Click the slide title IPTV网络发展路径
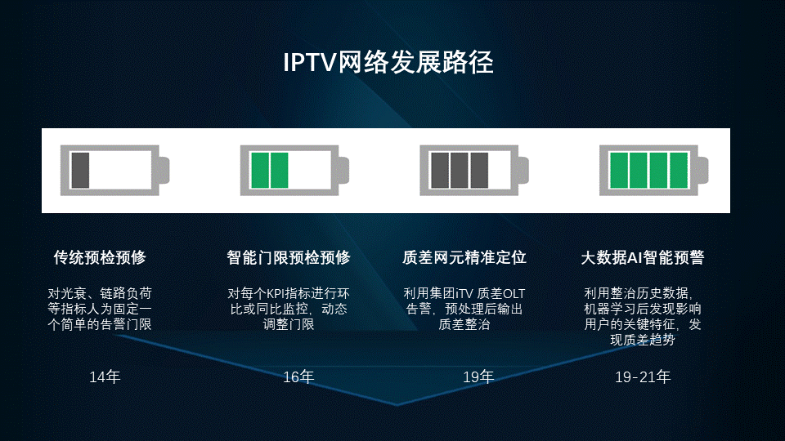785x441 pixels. pyautogui.click(x=388, y=63)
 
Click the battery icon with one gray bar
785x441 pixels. pyautogui.click(x=114, y=171)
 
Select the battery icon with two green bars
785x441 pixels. pyautogui.click(x=294, y=171)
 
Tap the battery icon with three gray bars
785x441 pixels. pyautogui.click(x=474, y=171)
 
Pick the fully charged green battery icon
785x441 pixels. pyautogui.click(x=654, y=171)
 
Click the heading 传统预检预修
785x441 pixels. pyautogui.click(x=100, y=257)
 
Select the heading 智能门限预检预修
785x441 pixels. pyautogui.click(x=289, y=257)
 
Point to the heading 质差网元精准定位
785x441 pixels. pyautogui.click(x=464, y=257)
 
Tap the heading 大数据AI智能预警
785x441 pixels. pyautogui.click(x=643, y=257)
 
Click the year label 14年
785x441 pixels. pyautogui.click(x=105, y=376)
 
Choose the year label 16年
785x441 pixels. pyautogui.click(x=298, y=376)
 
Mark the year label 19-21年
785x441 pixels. pyautogui.click(x=643, y=376)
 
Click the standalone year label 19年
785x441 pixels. pyautogui.click(x=478, y=376)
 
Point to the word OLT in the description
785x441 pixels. pyautogui.click(x=514, y=293)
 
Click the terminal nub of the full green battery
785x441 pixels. pyautogui.click(x=703, y=170)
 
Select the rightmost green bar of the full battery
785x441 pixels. pyautogui.click(x=679, y=171)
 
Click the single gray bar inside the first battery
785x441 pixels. pyautogui.click(x=80, y=171)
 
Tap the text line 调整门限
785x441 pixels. pyautogui.click(x=289, y=324)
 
